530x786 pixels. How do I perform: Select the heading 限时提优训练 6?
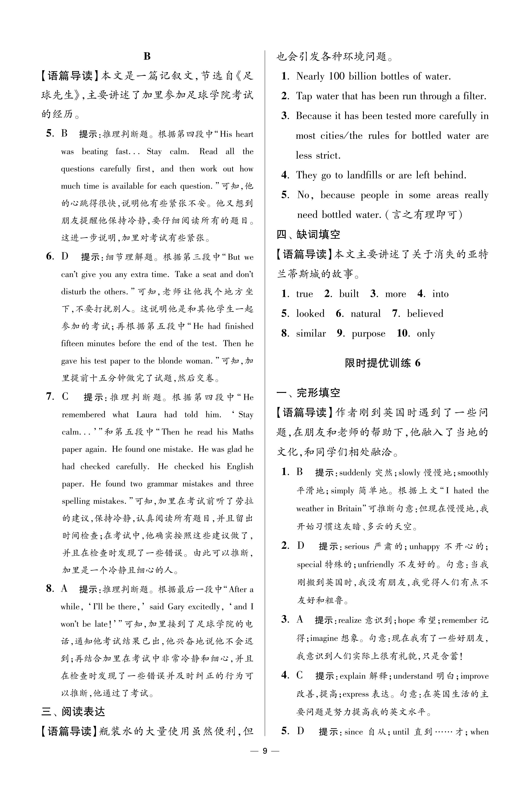click(383, 363)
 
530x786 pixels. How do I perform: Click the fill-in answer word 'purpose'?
click(368, 334)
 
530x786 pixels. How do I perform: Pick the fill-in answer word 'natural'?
click(365, 314)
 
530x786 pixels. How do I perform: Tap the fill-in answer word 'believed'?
click(425, 314)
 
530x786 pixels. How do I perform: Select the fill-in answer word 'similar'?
click(311, 334)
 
